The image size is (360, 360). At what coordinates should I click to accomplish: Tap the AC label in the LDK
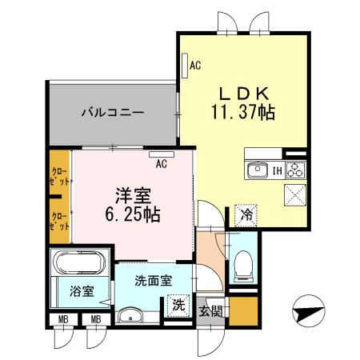[x=194, y=66]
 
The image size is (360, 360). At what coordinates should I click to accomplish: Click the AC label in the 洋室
[x=161, y=164]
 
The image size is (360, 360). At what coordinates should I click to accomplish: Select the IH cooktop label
[x=275, y=170]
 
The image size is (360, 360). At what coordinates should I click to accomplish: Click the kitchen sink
[x=258, y=170]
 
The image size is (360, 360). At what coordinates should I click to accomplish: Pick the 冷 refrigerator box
[x=246, y=214]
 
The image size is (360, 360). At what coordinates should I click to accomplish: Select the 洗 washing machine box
[x=179, y=305]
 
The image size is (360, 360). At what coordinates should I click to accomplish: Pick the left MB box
[x=61, y=320]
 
